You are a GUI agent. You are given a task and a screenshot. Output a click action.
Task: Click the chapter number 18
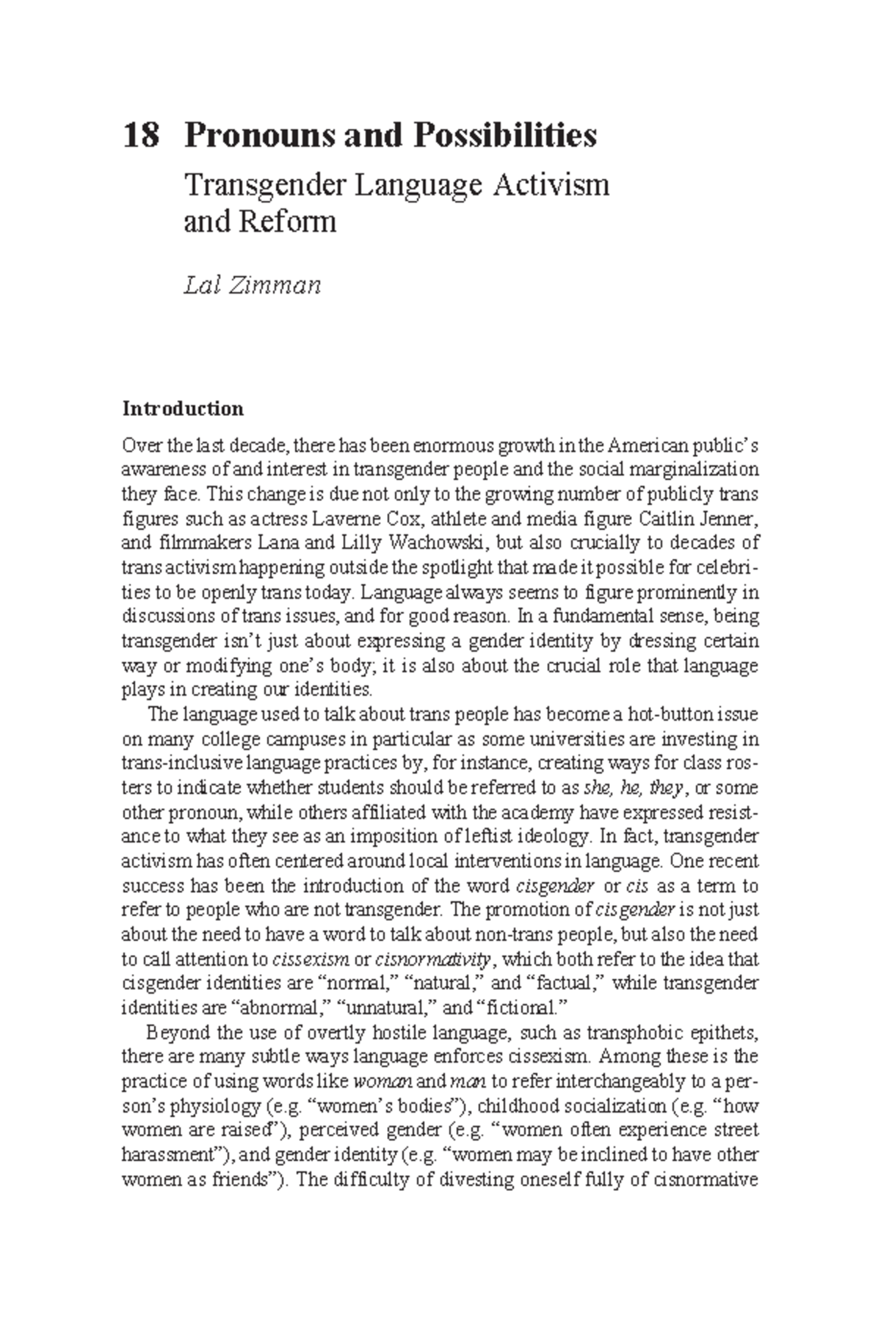pyautogui.click(x=140, y=137)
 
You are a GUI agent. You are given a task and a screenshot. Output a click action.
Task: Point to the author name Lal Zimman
pyautogui.click(x=252, y=284)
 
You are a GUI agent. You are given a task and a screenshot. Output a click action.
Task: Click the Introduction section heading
pyautogui.click(x=183, y=408)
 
